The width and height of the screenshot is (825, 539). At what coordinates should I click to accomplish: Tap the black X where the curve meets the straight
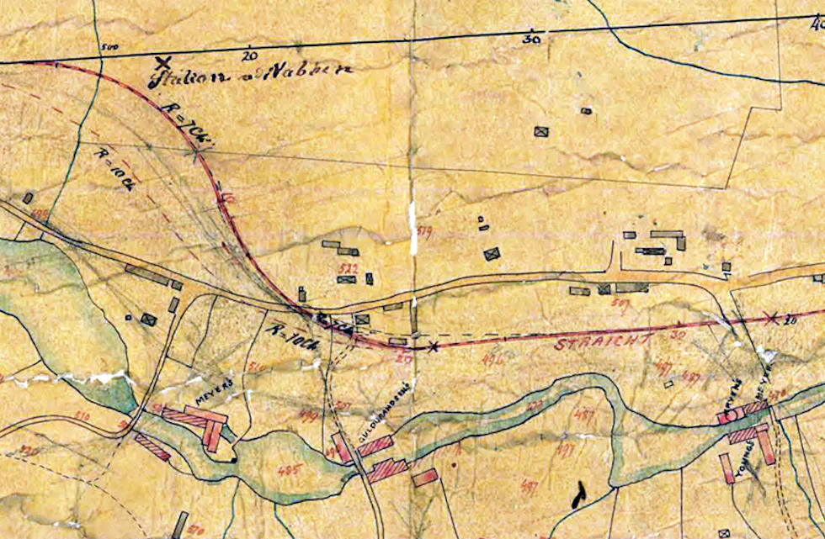point(433,346)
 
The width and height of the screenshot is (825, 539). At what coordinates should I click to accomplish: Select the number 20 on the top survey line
point(247,56)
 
